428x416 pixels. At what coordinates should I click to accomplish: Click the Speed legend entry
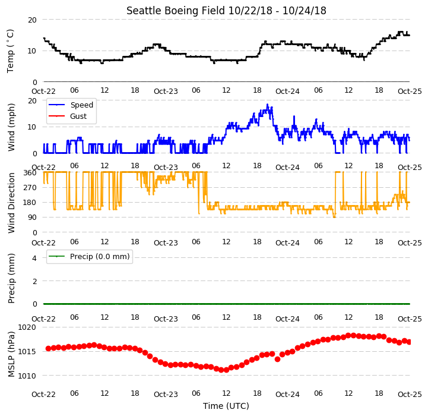tap(71, 105)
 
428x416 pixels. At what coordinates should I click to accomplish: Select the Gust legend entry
tap(68, 116)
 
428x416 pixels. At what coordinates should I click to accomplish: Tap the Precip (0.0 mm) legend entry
tap(89, 256)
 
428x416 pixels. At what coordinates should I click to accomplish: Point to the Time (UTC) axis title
tap(226, 406)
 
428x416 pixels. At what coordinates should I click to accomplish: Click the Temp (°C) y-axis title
tap(10, 51)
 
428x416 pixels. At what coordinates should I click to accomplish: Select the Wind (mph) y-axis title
tap(11, 127)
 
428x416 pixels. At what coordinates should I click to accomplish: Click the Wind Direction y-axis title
tap(11, 203)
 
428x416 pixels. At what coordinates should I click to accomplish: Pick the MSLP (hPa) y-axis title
tap(11, 354)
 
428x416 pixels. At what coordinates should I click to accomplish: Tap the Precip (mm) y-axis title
tap(11, 278)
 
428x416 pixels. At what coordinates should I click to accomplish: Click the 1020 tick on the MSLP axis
tap(27, 327)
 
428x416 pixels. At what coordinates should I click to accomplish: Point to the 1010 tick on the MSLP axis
tap(27, 376)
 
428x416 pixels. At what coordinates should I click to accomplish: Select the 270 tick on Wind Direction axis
tap(30, 188)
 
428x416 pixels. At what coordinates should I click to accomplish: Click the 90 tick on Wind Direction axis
tap(32, 218)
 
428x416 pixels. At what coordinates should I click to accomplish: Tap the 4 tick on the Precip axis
tap(34, 258)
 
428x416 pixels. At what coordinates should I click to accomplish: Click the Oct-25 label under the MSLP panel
tap(410, 395)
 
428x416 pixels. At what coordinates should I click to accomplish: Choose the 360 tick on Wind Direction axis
tap(30, 173)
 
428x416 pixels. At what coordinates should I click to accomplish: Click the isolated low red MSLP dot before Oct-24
tap(277, 359)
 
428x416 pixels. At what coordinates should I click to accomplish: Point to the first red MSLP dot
tap(48, 348)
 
